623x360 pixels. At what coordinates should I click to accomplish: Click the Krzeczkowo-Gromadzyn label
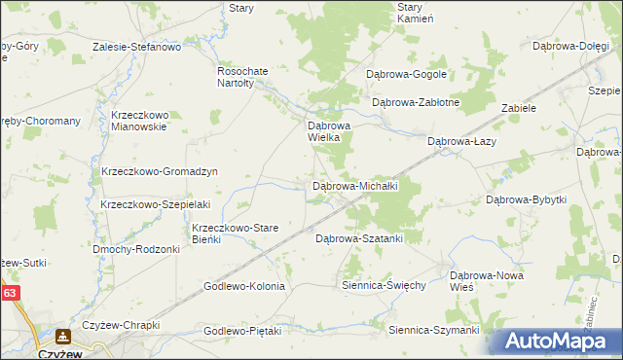pos(159,171)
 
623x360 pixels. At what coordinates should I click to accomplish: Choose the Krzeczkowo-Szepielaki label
pos(149,204)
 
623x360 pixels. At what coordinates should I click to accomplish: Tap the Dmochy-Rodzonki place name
pos(136,249)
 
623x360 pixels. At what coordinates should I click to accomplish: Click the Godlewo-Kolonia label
pos(243,286)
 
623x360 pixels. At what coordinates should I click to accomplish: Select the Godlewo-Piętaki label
pos(242,331)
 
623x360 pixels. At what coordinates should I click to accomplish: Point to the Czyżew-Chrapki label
pos(121,325)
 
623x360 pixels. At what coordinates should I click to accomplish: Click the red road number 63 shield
pos(10,292)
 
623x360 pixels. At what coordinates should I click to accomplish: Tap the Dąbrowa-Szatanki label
pos(359,237)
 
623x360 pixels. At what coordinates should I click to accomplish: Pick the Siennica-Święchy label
pos(385,286)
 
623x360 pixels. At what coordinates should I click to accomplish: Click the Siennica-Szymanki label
pos(433,331)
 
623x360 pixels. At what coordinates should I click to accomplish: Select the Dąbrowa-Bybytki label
pos(526,199)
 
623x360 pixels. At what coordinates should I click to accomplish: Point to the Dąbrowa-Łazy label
pos(463,141)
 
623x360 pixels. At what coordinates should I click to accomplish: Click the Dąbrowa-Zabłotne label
pos(416,101)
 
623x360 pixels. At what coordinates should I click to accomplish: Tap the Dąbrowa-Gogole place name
pos(406,74)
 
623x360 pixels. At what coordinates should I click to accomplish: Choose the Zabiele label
pos(519,108)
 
